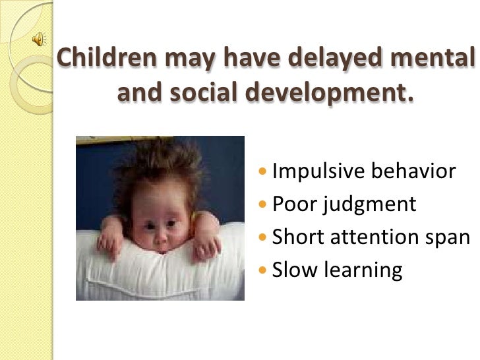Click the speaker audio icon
[x=38, y=40]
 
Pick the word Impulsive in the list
[x=316, y=171]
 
